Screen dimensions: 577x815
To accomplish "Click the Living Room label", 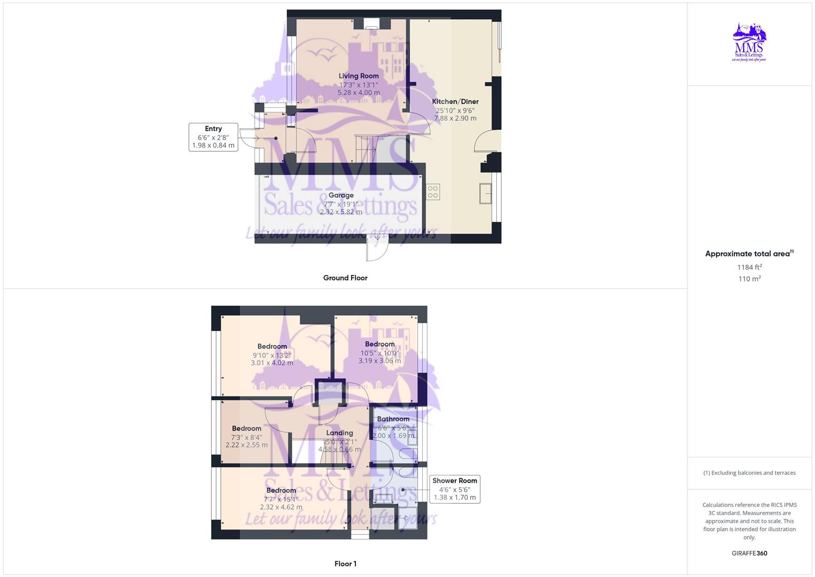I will click(x=359, y=76).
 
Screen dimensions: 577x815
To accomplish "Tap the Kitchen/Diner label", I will click(x=455, y=102).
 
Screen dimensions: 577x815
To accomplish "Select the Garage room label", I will click(x=341, y=196).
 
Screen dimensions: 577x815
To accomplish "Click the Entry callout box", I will click(x=213, y=137).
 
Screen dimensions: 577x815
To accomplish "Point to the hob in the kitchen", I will click(x=433, y=192).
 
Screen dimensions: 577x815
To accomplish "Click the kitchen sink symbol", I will click(x=486, y=193).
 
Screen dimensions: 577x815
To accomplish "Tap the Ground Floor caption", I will click(x=345, y=278).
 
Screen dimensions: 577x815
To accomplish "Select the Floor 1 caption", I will click(x=345, y=564).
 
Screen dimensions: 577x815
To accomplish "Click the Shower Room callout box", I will click(x=455, y=489).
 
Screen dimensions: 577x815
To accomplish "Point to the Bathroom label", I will click(x=393, y=419).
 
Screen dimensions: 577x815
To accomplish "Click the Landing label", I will click(x=339, y=433).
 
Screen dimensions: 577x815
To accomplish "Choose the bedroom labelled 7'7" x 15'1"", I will click(x=281, y=490).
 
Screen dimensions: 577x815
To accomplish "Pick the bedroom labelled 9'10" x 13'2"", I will click(x=272, y=347).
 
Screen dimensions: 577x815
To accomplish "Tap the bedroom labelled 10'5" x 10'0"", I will click(x=380, y=345).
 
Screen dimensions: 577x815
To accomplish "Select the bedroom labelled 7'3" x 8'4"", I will click(x=247, y=428).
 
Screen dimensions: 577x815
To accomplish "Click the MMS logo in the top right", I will click(x=749, y=42).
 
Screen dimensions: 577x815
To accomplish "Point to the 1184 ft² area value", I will click(x=749, y=267).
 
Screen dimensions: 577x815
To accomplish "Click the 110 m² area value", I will click(x=749, y=279).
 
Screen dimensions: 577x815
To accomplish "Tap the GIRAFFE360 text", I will click(x=749, y=553).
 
